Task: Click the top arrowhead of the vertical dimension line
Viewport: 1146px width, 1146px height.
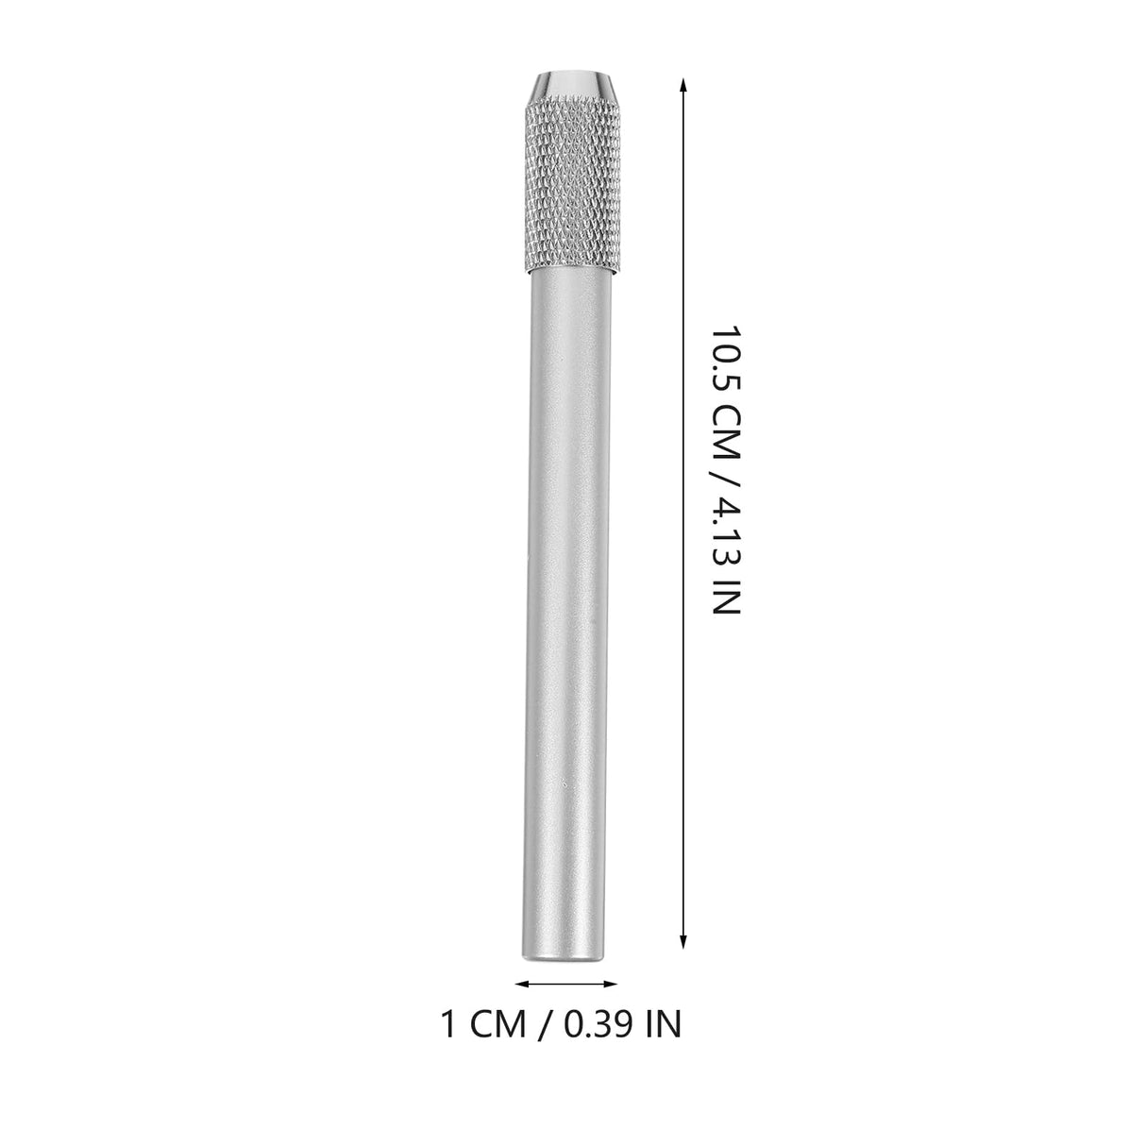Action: click(x=683, y=85)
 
